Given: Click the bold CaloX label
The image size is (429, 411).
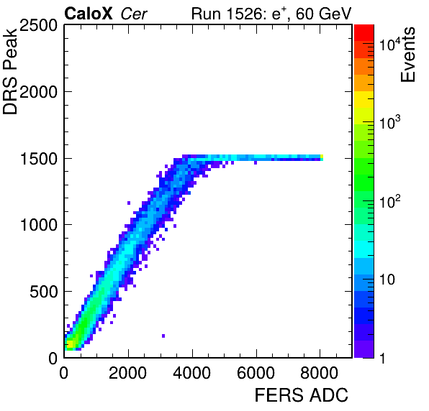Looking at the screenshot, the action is [89, 14].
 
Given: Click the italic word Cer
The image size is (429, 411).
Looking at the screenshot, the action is [134, 14].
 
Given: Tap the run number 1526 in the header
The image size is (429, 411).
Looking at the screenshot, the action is [245, 14].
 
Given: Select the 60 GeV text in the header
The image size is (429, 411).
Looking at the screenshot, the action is [324, 14].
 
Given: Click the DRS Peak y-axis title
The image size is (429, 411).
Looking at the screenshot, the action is [10, 71].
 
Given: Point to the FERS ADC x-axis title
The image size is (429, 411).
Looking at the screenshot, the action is [301, 395].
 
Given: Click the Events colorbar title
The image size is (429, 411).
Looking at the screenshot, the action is [407, 55].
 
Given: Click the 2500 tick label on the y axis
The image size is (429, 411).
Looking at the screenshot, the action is [38, 26].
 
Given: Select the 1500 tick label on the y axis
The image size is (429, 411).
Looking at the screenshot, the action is [38, 159].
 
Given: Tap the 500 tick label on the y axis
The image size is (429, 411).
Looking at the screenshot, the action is [43, 292].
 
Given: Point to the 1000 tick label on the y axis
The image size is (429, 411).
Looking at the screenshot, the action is [38, 226].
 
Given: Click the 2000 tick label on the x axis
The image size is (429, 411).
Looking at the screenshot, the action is [128, 373].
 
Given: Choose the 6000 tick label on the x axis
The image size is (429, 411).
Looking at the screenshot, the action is [256, 373].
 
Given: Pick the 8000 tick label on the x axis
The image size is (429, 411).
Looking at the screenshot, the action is [320, 373].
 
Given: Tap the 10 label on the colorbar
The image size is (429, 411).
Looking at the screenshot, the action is [387, 280].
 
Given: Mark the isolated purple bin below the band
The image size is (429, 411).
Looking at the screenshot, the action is [163, 336].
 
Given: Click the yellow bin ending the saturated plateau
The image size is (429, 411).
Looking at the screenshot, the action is [322, 157].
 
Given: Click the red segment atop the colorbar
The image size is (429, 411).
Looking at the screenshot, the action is [364, 33].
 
